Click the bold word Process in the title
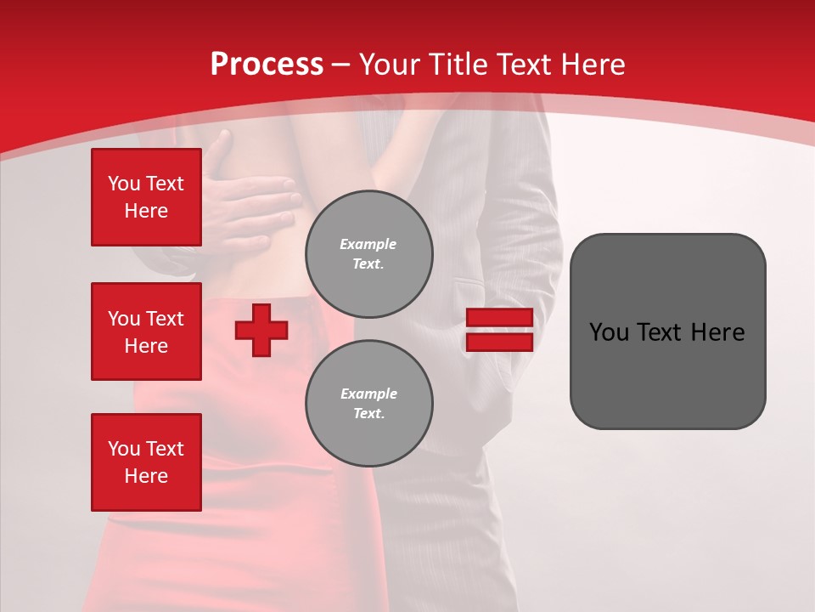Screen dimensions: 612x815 pos(267,65)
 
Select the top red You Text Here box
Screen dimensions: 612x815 pos(146,197)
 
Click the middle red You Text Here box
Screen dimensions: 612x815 pos(146,331)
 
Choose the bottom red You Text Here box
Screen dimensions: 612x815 pos(146,462)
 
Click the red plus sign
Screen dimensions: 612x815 pos(261,330)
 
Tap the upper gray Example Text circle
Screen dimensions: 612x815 pos(368,254)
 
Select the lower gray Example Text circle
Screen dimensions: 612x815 pos(368,404)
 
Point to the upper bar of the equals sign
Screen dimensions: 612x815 pos(499,318)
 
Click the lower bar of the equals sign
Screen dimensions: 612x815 pos(499,342)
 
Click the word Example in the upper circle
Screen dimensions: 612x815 pos(368,244)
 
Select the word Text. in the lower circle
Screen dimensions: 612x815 pos(368,414)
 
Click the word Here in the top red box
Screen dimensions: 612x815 pos(146,211)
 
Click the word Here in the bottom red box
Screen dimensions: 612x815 pos(146,476)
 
